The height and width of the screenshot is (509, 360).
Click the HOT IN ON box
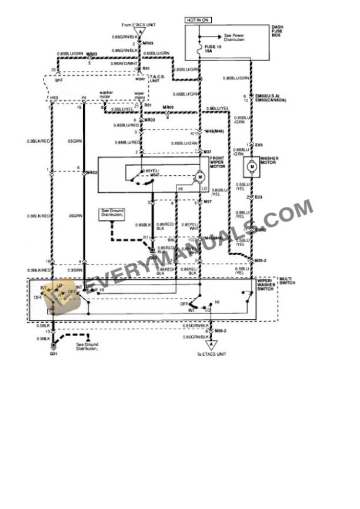[198, 20]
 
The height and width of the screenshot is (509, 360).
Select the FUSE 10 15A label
[210, 49]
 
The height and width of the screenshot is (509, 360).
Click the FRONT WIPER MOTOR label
[218, 162]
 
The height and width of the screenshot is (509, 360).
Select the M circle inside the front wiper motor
[199, 176]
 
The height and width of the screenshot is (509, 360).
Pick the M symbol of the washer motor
[252, 167]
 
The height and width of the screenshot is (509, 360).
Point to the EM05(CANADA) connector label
[262, 101]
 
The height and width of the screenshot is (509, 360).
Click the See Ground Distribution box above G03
[111, 214]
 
